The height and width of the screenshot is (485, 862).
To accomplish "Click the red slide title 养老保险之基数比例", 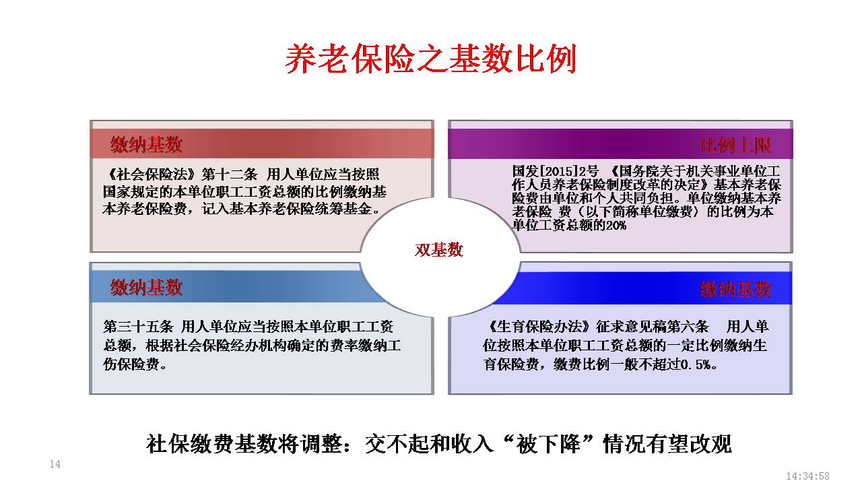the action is (430, 59).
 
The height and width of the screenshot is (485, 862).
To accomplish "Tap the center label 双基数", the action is (438, 250).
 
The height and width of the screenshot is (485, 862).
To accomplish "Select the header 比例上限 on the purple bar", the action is (736, 145).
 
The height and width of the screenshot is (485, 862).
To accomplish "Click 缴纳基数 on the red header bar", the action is (146, 145).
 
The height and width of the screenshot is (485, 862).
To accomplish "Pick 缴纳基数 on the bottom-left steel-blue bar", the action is (146, 288).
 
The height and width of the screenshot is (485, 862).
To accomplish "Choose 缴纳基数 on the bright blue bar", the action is (736, 289).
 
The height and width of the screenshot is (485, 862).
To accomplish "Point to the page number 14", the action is (55, 464).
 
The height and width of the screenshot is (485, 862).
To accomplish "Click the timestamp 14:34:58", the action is (807, 476).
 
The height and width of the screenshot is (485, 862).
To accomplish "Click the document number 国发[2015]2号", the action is (556, 171).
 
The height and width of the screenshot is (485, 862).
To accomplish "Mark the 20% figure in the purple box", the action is (616, 225).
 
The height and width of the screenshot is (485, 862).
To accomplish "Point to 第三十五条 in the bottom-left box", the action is (138, 327).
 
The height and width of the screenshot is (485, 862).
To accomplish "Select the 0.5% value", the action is (696, 364).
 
